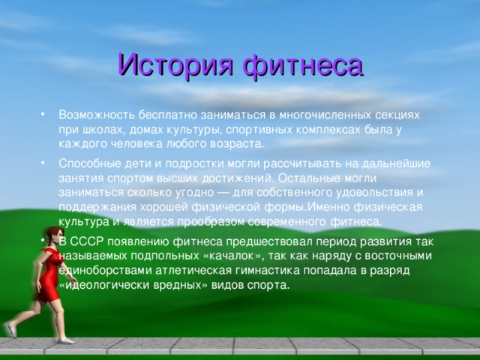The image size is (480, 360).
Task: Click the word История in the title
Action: (176, 65)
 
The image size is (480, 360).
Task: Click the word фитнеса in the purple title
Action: (303, 65)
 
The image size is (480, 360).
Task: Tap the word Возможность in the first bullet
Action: (97, 115)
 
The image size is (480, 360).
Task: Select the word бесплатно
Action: (168, 115)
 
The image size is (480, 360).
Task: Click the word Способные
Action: (90, 163)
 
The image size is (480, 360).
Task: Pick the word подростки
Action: (195, 163)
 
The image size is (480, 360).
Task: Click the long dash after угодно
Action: (223, 193)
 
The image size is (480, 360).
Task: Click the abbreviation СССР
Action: (87, 241)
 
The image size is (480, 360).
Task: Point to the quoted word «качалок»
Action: (233, 256)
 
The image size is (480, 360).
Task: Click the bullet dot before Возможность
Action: (43, 115)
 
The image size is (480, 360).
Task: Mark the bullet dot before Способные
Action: (43, 163)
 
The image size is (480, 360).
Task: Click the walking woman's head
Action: (55, 236)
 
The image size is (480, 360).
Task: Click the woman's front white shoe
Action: (66, 340)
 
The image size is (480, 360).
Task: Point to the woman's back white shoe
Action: (11, 330)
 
